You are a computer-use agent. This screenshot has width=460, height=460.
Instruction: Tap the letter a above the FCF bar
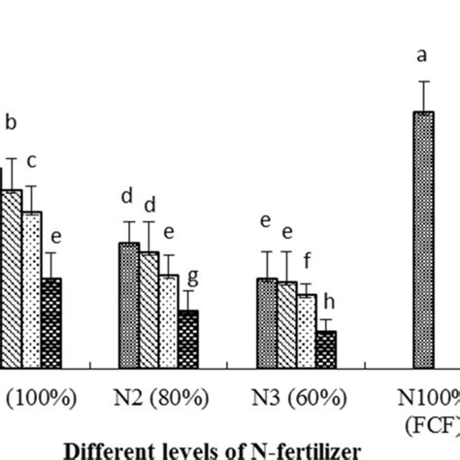pyautogui.click(x=422, y=55)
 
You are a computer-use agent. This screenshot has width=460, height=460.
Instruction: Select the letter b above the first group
pyautogui.click(x=12, y=123)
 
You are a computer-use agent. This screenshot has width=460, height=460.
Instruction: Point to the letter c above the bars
pyautogui.click(x=31, y=160)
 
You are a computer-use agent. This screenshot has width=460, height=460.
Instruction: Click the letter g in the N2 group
pyautogui.click(x=192, y=277)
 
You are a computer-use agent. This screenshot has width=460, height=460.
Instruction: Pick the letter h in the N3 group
pyautogui.click(x=328, y=300)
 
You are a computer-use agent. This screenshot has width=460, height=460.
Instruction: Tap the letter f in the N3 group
pyautogui.click(x=308, y=261)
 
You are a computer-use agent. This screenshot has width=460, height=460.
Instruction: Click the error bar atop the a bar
pyautogui.click(x=422, y=96)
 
